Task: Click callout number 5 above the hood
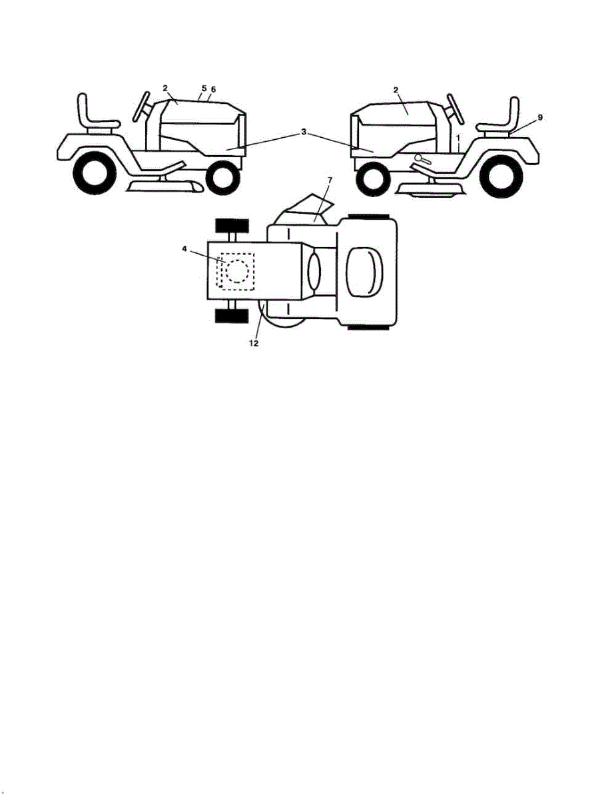tap(204, 89)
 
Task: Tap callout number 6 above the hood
tap(213, 89)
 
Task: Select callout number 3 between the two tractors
tap(304, 132)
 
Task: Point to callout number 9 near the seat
tap(540, 118)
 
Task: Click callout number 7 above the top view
tap(330, 180)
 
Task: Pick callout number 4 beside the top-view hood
tap(184, 249)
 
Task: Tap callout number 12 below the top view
tap(254, 344)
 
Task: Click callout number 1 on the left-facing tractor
tap(458, 137)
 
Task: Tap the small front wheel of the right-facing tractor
tap(222, 178)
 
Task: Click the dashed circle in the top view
tap(237, 272)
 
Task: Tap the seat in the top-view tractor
tap(365, 272)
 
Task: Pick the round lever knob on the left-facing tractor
tap(419, 157)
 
